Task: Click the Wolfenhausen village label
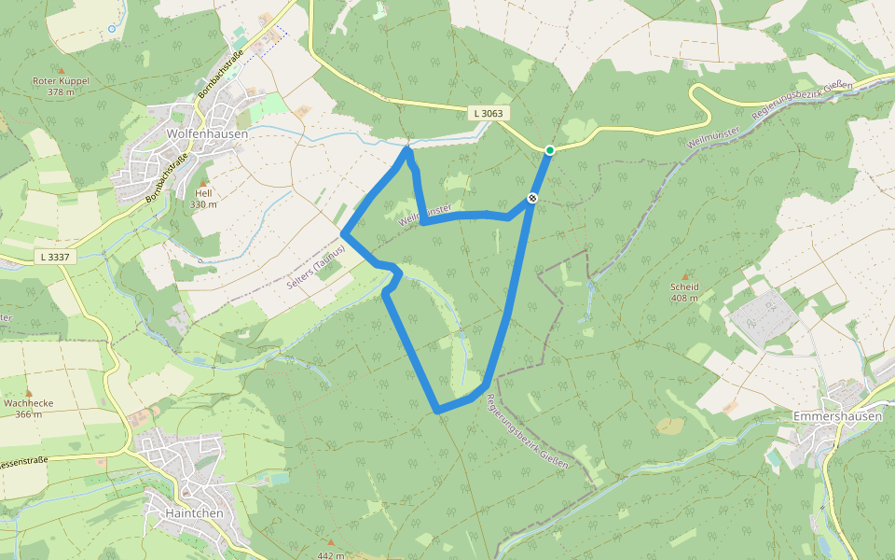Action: (207, 133)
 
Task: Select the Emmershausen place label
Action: (836, 416)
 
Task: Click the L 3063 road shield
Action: (488, 113)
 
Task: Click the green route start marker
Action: (550, 150)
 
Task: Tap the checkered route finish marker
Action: (532, 198)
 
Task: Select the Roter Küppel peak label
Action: (61, 81)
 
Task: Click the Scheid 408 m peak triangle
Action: (686, 276)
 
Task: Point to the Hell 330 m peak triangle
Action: (203, 182)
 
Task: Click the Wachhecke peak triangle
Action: (28, 393)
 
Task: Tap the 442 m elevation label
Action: (331, 555)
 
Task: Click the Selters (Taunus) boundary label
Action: (317, 268)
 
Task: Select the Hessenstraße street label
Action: (23, 462)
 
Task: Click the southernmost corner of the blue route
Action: (437, 411)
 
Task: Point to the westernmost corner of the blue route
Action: (344, 232)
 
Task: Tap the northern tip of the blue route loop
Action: (407, 147)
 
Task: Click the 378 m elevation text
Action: (61, 92)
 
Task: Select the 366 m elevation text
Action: (29, 413)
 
